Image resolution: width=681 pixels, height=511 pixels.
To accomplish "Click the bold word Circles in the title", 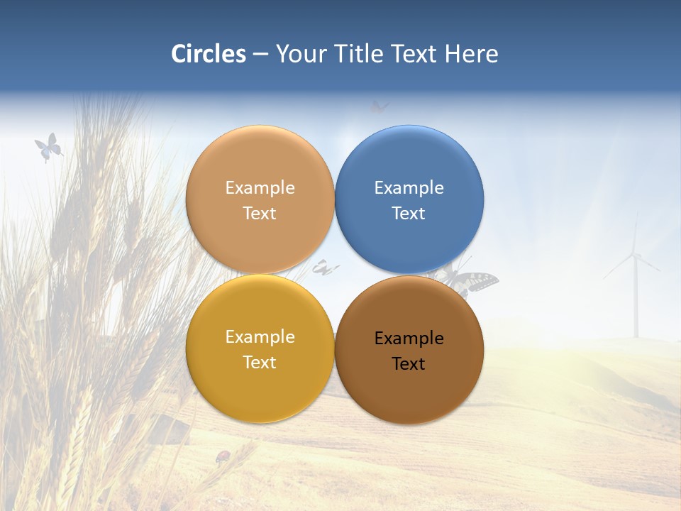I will point(208,54).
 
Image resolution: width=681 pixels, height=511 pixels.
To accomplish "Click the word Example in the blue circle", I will point(409,188).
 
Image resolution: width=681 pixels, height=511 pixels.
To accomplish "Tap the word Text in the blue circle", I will point(409,214).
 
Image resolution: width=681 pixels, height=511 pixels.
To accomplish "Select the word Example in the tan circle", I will point(260,188).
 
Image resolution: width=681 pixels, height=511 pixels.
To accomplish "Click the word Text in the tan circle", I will point(260,214).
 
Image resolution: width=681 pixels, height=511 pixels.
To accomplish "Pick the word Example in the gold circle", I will point(260,337).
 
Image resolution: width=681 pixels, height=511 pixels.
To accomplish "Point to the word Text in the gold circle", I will point(260,363).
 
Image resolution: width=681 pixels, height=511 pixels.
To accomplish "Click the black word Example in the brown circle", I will point(409,339).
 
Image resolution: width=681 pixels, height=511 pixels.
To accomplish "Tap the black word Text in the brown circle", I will point(409,364).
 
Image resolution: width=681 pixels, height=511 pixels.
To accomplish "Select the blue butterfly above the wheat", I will point(48,147).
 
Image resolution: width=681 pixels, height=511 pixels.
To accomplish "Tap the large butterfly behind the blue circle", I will point(472,281).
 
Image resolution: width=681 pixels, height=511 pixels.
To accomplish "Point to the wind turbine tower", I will point(636,302).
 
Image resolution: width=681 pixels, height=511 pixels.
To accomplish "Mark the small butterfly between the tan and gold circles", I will point(323,268).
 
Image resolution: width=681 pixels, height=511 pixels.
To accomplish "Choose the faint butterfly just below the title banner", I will point(380,107).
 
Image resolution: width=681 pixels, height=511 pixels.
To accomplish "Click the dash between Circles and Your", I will point(260,55).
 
